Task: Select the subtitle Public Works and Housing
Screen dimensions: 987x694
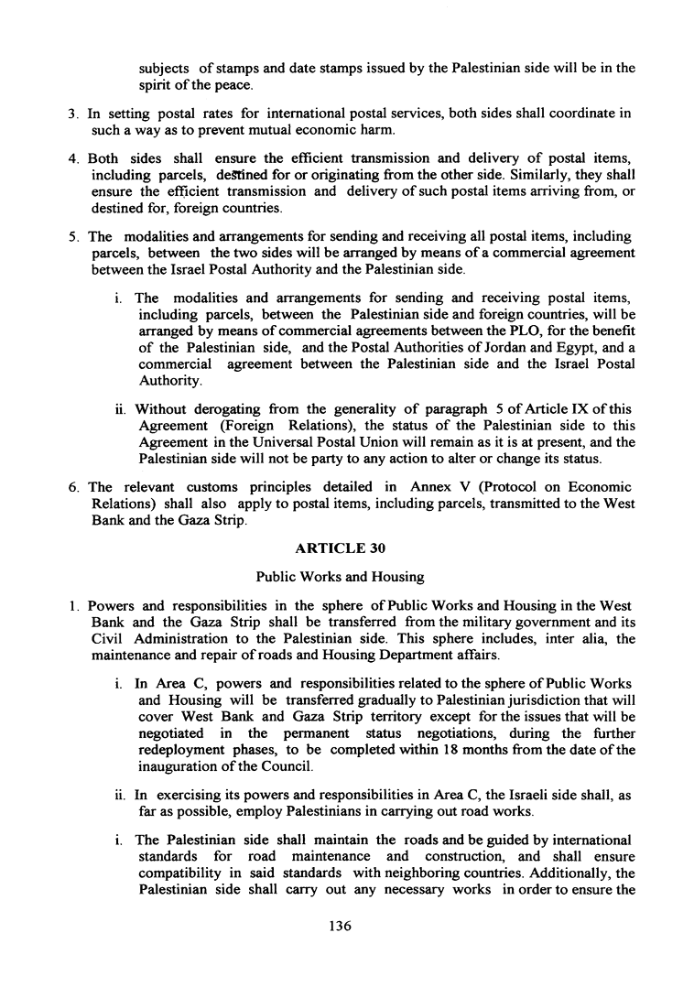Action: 346,578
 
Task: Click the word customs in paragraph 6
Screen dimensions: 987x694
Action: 216,486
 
